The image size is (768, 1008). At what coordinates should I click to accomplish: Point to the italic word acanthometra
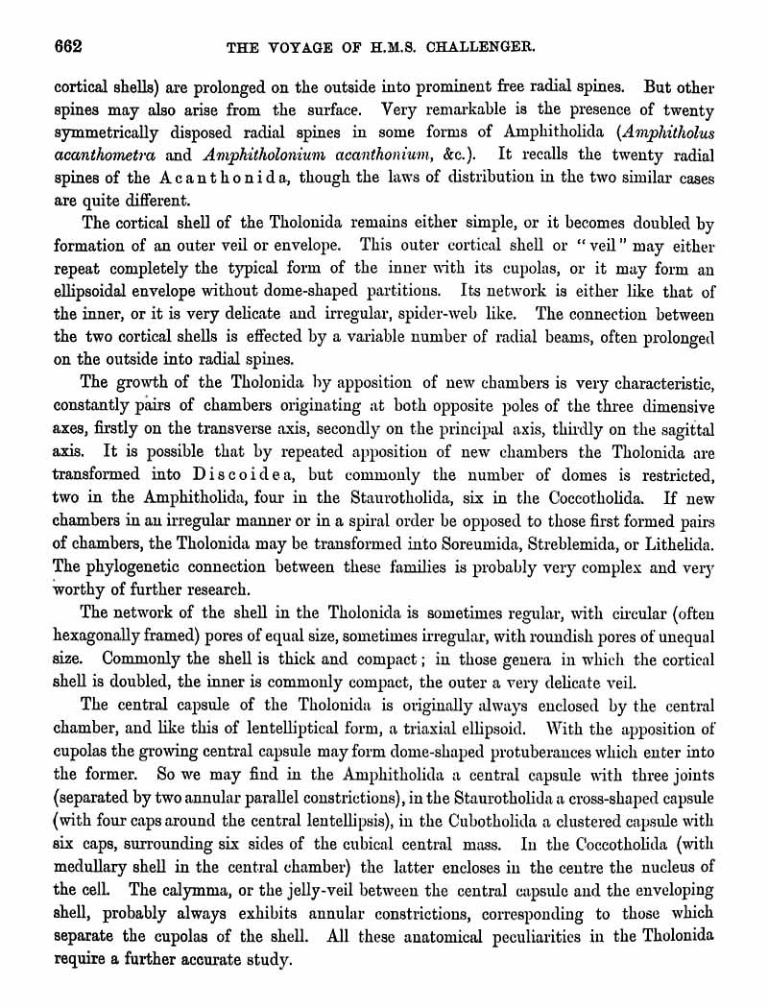coord(103,155)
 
